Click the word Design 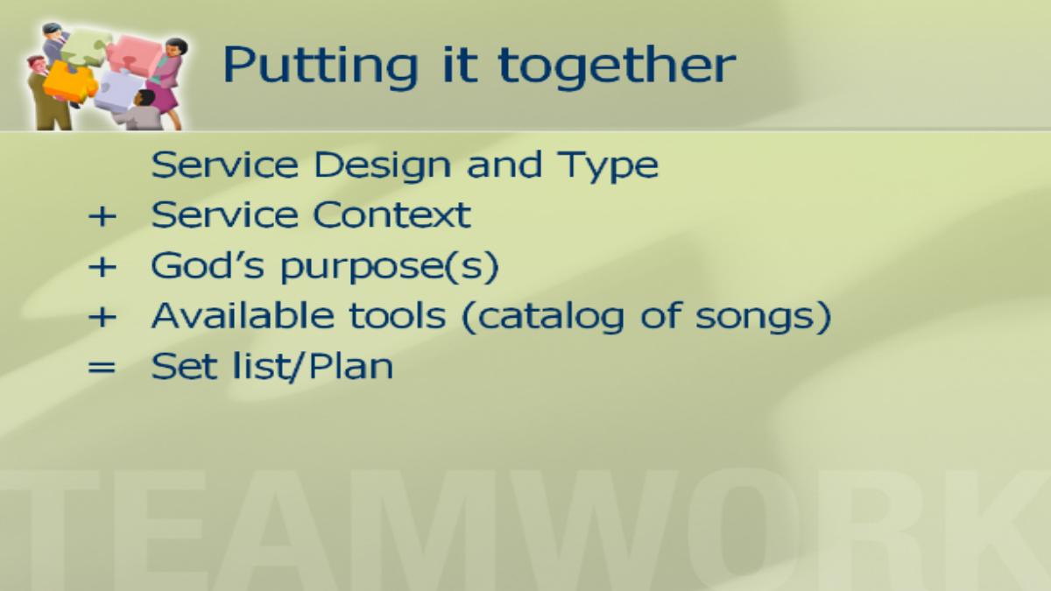coord(382,166)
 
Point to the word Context coord(391,215)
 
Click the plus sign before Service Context coord(102,217)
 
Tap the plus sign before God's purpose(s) coord(102,267)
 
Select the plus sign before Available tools coord(102,318)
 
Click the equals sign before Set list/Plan coord(102,367)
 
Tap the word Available coord(243,315)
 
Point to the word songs coord(757,318)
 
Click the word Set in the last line coord(184,366)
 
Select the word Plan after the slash coord(350,366)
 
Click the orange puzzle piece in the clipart coord(70,83)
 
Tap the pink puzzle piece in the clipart coord(134,55)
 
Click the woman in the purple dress coord(166,82)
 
